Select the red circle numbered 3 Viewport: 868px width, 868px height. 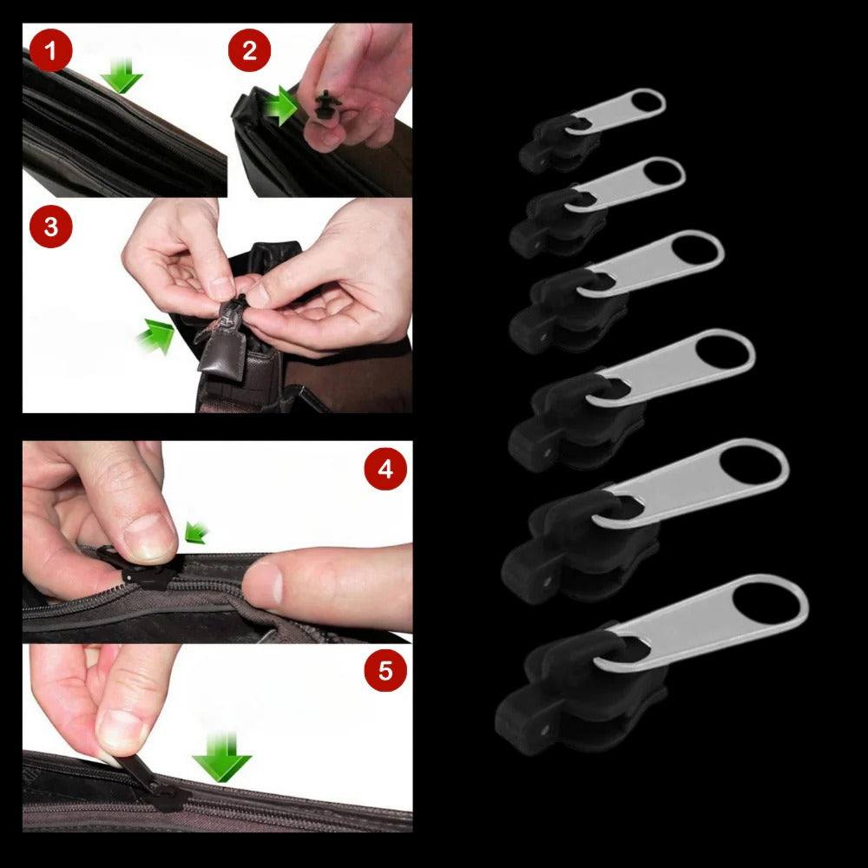[50, 227]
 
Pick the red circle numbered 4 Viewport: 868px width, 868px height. [385, 470]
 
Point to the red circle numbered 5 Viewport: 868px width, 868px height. [385, 670]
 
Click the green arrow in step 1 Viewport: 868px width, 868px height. [122, 76]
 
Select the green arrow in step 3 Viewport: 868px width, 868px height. [156, 337]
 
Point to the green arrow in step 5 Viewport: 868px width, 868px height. [221, 757]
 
